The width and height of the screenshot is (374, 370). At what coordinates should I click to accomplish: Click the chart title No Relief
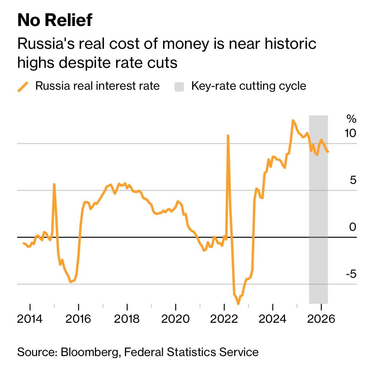pyautogui.click(x=55, y=20)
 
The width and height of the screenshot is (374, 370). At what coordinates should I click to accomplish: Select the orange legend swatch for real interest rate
pyautogui.click(x=23, y=86)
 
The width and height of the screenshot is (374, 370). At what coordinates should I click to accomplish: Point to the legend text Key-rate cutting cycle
pyautogui.click(x=248, y=86)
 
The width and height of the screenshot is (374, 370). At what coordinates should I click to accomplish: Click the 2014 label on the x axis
pyautogui.click(x=30, y=318)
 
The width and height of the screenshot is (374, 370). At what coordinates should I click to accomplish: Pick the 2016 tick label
pyautogui.click(x=78, y=318)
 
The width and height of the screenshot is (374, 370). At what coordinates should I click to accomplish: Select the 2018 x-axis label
pyautogui.click(x=127, y=318)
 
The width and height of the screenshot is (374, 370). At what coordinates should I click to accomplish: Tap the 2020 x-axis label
pyautogui.click(x=175, y=318)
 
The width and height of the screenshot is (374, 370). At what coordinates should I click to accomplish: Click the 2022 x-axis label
pyautogui.click(x=224, y=318)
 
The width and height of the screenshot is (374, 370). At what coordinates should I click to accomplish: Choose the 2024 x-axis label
pyautogui.click(x=272, y=318)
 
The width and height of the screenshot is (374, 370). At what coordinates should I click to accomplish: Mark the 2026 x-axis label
pyautogui.click(x=321, y=318)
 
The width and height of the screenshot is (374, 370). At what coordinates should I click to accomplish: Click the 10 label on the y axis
pyautogui.click(x=350, y=133)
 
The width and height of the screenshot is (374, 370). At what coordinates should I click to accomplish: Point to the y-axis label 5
pyautogui.click(x=353, y=180)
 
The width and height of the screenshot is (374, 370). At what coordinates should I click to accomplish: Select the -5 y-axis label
pyautogui.click(x=351, y=274)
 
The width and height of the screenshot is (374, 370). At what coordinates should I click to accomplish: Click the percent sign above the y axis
pyautogui.click(x=351, y=119)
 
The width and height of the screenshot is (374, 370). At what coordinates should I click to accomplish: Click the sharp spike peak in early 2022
pyautogui.click(x=228, y=136)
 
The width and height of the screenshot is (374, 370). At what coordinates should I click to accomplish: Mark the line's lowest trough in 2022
pyautogui.click(x=238, y=303)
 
